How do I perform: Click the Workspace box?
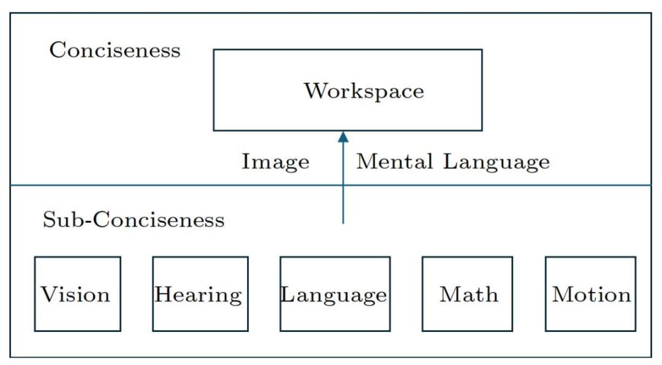click(x=348, y=90)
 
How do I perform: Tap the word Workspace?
click(x=364, y=91)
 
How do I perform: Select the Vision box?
click(x=78, y=294)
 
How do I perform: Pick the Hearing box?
click(x=200, y=294)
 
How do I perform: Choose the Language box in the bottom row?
click(x=335, y=294)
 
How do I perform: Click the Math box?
click(x=467, y=294)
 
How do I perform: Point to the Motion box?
click(x=591, y=294)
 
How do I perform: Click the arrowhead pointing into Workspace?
click(x=343, y=137)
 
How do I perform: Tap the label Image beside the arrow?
click(x=275, y=162)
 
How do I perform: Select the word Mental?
click(x=395, y=161)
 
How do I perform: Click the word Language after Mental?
click(x=496, y=162)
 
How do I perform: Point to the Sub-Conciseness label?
click(x=134, y=220)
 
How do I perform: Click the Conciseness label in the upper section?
click(x=115, y=50)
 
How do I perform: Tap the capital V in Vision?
click(x=49, y=294)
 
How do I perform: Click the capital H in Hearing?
click(x=164, y=294)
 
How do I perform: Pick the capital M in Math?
click(x=451, y=294)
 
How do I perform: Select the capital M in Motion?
click(x=563, y=294)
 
